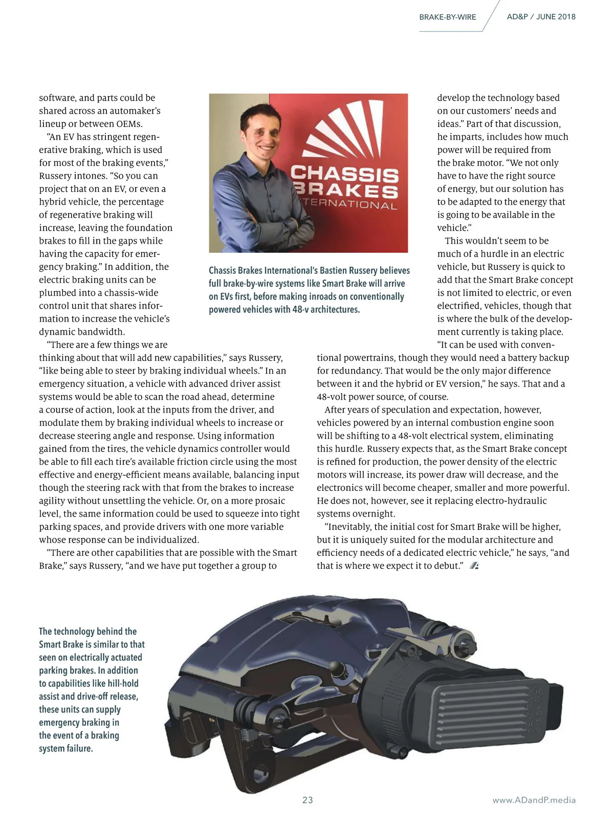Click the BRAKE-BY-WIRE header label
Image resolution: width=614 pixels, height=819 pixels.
click(x=447, y=17)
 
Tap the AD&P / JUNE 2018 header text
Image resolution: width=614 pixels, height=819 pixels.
click(x=541, y=16)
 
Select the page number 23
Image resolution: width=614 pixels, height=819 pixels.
click(x=308, y=800)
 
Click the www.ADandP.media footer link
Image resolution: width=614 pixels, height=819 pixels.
click(x=534, y=800)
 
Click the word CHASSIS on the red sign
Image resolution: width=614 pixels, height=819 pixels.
click(x=345, y=175)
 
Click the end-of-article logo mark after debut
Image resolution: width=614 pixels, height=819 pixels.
click(x=474, y=566)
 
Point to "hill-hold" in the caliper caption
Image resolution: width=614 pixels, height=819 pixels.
click(x=123, y=683)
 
